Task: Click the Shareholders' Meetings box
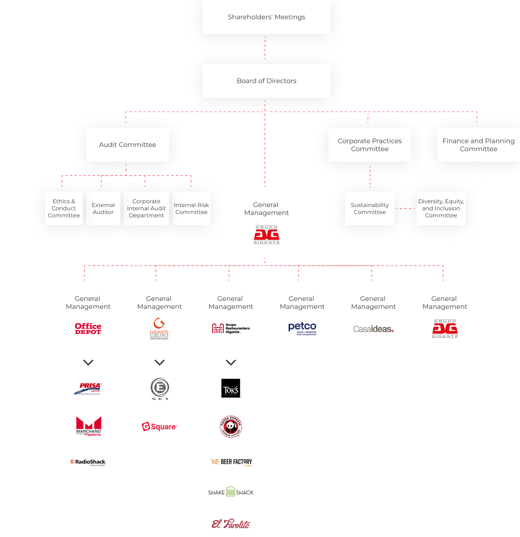point(266,17)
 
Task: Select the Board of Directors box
point(266,81)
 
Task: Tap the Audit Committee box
point(127,145)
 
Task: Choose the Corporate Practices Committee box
point(369,145)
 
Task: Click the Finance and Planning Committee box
point(478,145)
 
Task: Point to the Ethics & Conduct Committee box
point(64,208)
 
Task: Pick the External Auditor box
point(103,208)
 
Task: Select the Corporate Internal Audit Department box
point(146,208)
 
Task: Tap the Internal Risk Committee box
point(191,208)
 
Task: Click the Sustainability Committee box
point(369,208)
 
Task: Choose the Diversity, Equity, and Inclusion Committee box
point(441,208)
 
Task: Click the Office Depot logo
point(88,328)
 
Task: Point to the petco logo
point(302,328)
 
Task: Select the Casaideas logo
point(373,329)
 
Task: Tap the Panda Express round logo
point(231,427)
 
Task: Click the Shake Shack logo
point(231,492)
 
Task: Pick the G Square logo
point(160,427)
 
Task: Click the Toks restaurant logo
point(231,391)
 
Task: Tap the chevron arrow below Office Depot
point(88,362)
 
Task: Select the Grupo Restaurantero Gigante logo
point(230,329)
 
